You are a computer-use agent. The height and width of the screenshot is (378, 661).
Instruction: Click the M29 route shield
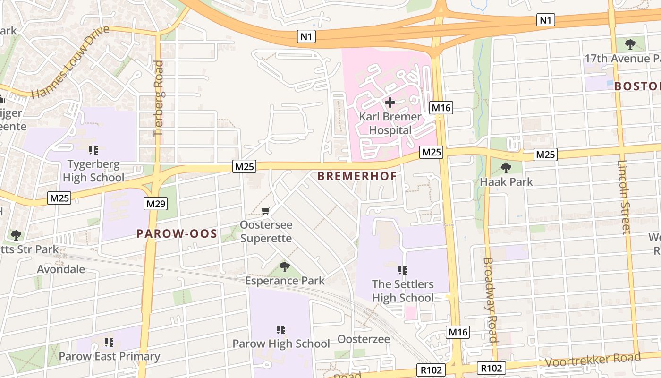(x=155, y=204)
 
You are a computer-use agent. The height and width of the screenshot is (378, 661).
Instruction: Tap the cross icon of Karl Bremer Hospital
(x=390, y=102)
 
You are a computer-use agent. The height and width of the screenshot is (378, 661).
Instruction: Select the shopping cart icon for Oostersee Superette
(x=266, y=211)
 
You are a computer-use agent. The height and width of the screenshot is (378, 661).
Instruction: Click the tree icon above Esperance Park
(x=284, y=267)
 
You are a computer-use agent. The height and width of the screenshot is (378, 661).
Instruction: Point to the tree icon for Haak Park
(x=506, y=168)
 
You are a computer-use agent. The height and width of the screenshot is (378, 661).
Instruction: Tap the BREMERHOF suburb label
(x=356, y=176)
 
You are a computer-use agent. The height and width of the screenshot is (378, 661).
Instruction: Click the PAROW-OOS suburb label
(x=177, y=233)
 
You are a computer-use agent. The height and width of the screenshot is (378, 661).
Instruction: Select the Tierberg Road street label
(x=159, y=98)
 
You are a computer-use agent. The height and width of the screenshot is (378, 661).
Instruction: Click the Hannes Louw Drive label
(x=70, y=62)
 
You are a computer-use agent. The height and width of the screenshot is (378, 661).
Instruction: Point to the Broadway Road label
(x=491, y=300)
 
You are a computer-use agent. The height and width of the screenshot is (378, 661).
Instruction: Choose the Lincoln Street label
(x=624, y=197)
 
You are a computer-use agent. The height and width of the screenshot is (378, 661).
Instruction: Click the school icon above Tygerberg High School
(x=93, y=150)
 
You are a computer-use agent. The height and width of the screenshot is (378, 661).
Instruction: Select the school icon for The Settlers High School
(x=402, y=270)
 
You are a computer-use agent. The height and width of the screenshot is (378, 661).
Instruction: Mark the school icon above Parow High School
(x=281, y=329)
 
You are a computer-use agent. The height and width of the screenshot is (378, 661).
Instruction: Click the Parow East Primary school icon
(x=109, y=342)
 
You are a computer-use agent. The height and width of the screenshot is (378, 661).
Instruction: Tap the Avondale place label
(x=61, y=269)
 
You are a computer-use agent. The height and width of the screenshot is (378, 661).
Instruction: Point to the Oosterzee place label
(x=364, y=339)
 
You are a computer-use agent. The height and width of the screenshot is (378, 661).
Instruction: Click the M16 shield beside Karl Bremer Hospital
(x=441, y=108)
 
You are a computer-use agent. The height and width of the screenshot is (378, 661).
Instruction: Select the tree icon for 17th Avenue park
(x=629, y=44)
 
